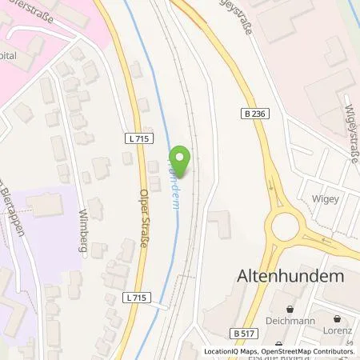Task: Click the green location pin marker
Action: [x=182, y=161]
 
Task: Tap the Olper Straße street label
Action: [x=143, y=217]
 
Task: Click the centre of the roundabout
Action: [x=286, y=228]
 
